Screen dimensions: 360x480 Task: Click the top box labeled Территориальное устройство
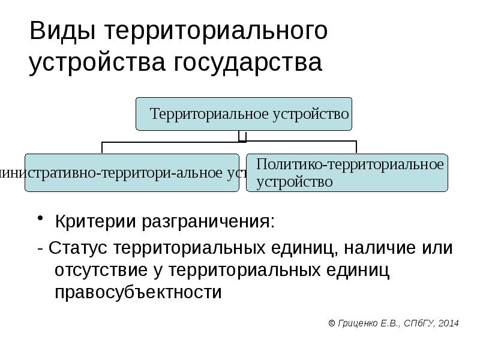click(244, 114)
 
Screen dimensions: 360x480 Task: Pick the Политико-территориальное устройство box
click(347, 172)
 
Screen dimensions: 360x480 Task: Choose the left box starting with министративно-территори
click(132, 172)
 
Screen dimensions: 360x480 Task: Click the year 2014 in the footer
click(448, 323)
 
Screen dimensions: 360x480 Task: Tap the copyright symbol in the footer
click(332, 323)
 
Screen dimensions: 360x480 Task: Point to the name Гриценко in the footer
click(358, 323)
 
